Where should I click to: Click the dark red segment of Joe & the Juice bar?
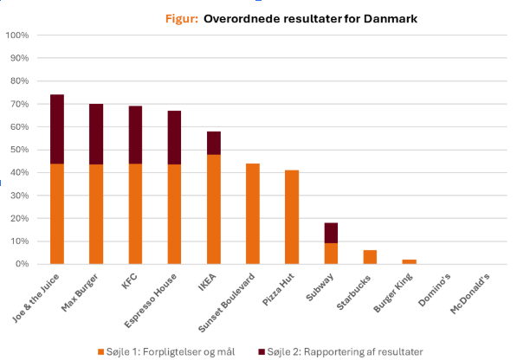tap(57, 129)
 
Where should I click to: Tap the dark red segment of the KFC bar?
tap(135, 135)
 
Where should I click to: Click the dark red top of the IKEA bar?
tap(213, 143)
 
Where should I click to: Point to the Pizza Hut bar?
tap(291, 217)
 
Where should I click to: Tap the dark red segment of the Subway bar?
tap(330, 233)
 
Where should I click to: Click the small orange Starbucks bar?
tap(369, 257)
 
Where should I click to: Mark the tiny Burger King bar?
tap(408, 261)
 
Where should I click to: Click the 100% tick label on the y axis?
tap(18, 35)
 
